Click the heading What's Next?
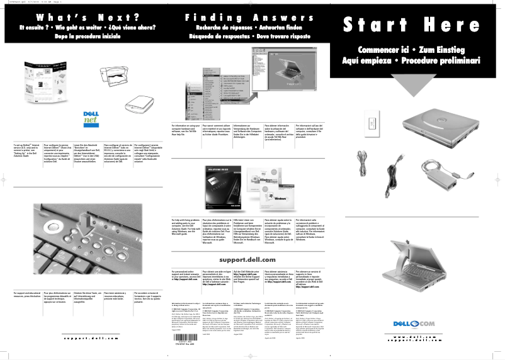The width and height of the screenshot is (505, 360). point(82,17)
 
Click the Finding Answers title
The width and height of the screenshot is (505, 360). point(247,17)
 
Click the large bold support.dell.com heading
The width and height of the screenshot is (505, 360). point(247,260)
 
